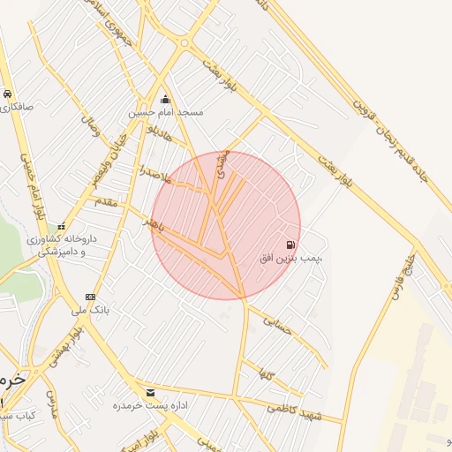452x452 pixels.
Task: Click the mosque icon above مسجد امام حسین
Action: click(x=165, y=99)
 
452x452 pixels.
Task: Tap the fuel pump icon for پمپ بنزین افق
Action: click(x=290, y=245)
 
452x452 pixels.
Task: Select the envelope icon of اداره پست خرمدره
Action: click(x=149, y=392)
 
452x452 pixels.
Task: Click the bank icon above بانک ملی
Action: click(x=90, y=297)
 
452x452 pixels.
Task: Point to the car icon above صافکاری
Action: click(x=7, y=94)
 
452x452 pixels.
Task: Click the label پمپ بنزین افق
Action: click(x=290, y=259)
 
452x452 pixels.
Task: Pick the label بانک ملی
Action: click(x=90, y=310)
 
